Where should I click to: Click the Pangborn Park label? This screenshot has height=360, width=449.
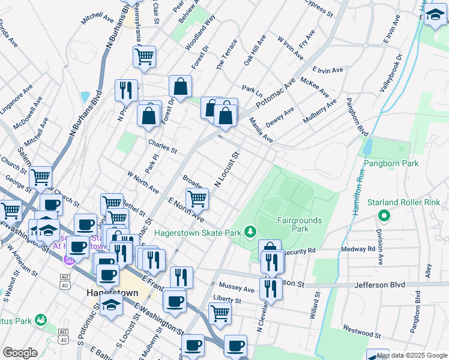point(391,163)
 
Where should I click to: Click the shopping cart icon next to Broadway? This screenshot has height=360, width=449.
point(197,198)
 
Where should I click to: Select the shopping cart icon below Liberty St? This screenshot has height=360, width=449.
point(220,312)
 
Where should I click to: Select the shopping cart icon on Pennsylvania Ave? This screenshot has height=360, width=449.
point(144,57)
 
